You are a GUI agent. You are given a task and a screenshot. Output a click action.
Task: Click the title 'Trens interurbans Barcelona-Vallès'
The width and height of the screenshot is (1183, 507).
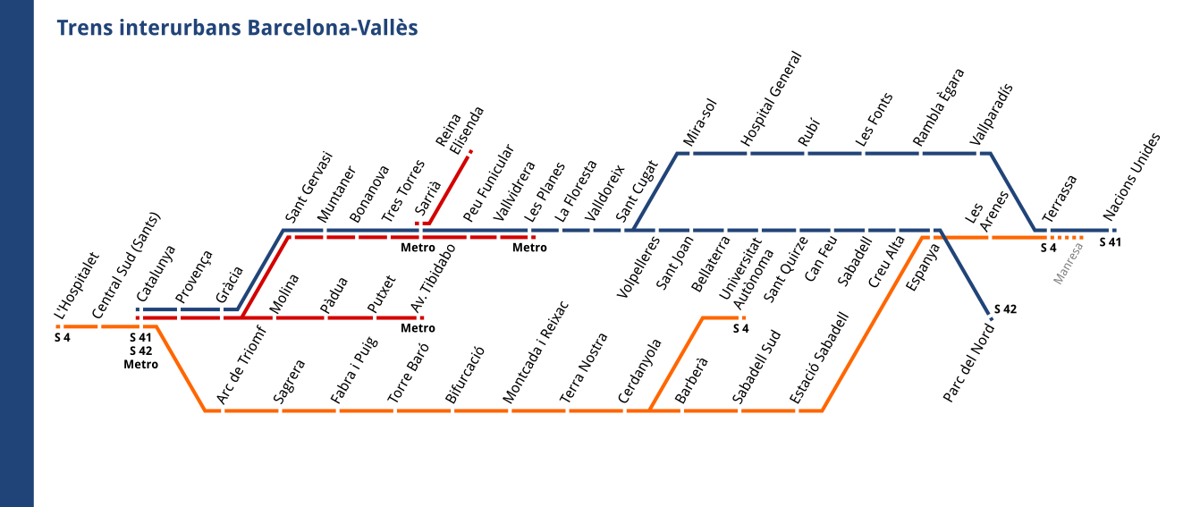click(237, 29)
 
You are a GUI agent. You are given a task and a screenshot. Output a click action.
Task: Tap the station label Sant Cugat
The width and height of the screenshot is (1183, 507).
click(638, 192)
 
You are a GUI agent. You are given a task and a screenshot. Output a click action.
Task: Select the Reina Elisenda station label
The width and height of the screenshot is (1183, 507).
click(460, 130)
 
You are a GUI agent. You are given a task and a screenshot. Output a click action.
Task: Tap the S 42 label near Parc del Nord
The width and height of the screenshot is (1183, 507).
click(1004, 309)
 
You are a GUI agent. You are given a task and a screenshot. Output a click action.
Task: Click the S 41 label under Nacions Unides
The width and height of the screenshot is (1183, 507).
click(1110, 241)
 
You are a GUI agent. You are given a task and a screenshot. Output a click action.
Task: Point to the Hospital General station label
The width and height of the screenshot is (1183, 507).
click(771, 99)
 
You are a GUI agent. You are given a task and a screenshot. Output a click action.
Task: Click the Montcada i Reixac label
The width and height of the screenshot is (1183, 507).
click(536, 367)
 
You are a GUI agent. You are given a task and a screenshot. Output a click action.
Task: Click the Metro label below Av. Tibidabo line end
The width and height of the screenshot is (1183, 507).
click(418, 328)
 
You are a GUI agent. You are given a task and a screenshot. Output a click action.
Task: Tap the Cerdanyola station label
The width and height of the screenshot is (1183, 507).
click(640, 371)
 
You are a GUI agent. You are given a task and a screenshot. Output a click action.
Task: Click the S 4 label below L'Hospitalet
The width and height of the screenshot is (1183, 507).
click(62, 337)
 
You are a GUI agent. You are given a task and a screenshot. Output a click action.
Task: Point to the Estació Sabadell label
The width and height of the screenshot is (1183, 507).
click(818, 358)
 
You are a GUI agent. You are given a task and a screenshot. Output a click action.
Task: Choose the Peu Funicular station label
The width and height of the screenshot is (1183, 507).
click(488, 183)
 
